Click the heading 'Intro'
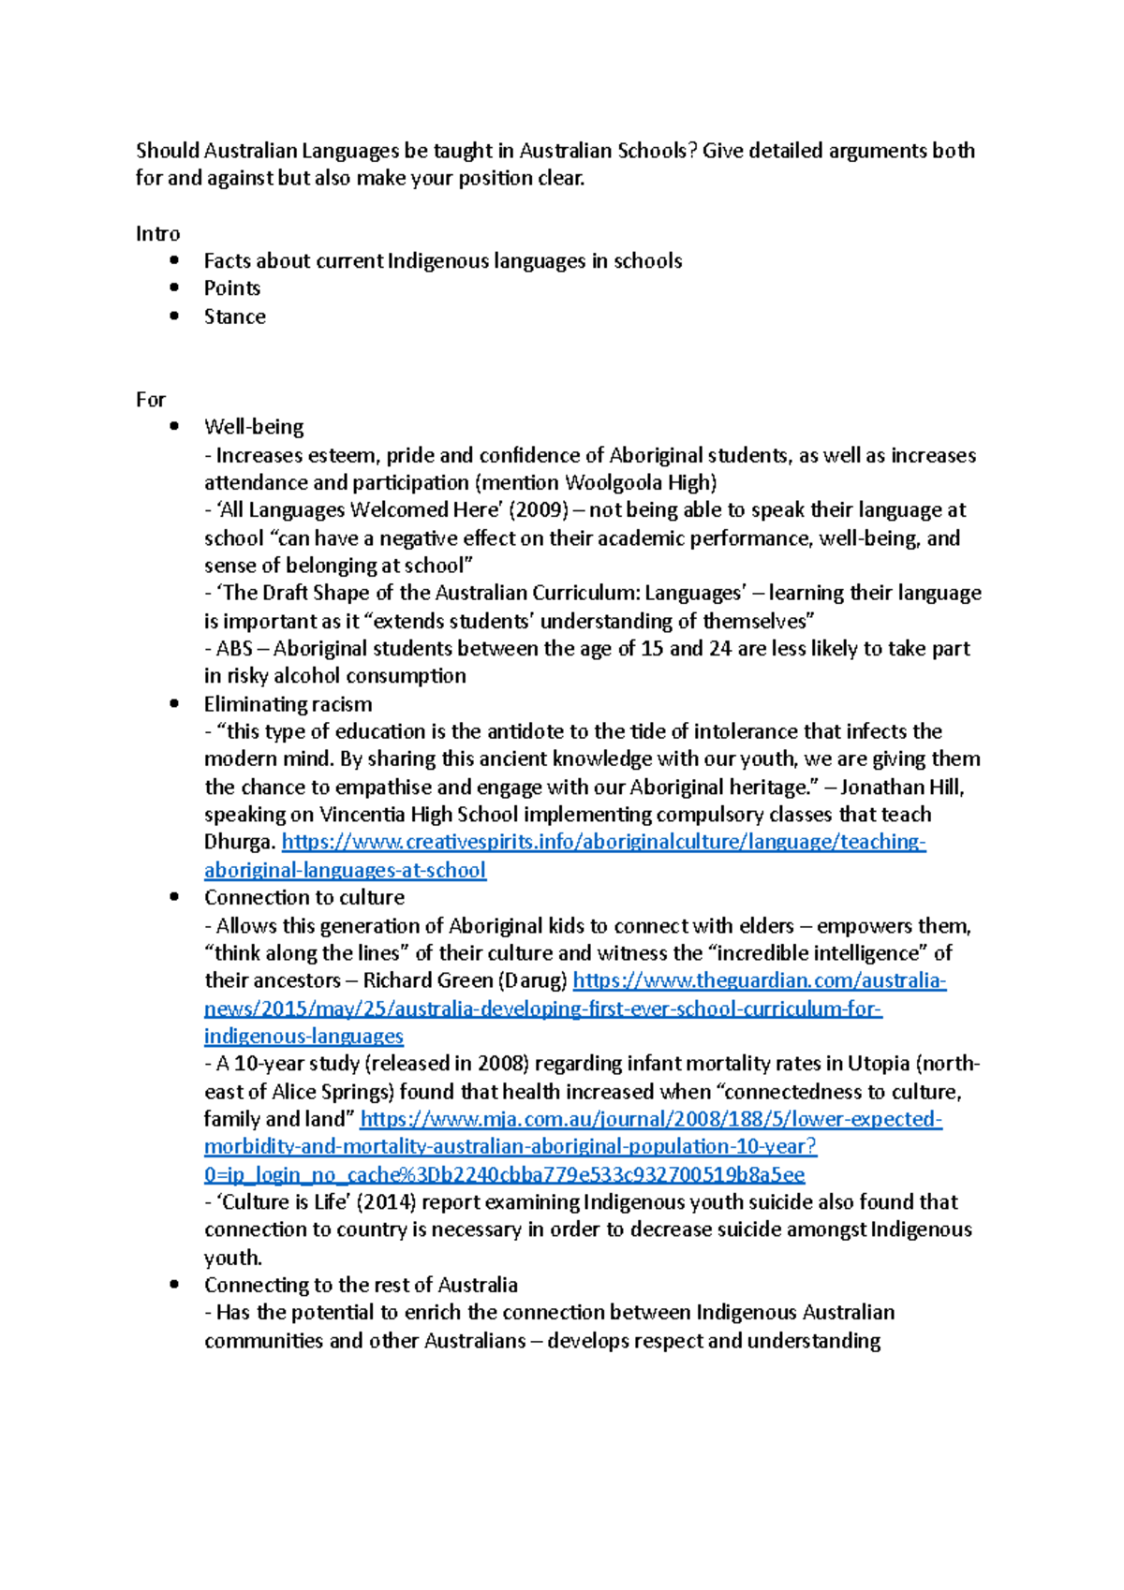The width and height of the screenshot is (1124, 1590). pos(157,233)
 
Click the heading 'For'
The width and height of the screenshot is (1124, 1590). pos(150,400)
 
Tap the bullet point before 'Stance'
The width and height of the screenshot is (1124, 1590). pos(174,316)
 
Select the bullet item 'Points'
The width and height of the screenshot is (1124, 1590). pos(231,288)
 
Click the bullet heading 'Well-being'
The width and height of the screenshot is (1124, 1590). pos(254,427)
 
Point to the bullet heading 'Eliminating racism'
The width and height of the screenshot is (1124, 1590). pos(288,704)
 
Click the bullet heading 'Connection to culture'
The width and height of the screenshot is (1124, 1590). pos(304,897)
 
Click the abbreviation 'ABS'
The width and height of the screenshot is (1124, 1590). pos(234,649)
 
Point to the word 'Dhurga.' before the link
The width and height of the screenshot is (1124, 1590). pos(239,842)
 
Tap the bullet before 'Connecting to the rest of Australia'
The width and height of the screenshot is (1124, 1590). pos(174,1285)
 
